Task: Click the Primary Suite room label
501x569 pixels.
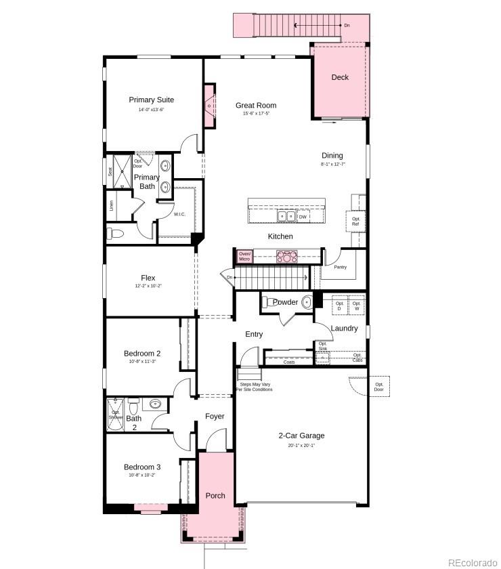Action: coord(152,100)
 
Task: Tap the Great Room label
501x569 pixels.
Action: coord(256,106)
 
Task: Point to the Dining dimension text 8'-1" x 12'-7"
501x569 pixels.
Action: coord(332,165)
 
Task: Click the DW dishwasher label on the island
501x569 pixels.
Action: coord(303,217)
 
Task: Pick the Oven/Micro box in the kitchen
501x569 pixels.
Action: coord(244,257)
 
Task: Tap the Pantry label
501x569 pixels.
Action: coord(341,268)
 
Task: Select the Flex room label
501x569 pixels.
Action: coord(148,278)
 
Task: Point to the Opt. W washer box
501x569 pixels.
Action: coord(357,306)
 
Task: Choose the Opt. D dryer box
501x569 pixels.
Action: coord(339,306)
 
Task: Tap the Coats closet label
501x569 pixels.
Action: coord(289,362)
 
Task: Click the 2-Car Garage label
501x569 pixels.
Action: coord(301,436)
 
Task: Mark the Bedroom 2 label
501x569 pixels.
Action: coord(142,354)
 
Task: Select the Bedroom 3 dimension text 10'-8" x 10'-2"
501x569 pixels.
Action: coord(142,475)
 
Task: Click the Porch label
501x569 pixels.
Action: coord(215,496)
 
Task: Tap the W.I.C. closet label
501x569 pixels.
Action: coord(179,215)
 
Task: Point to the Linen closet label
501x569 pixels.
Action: coord(111,206)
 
